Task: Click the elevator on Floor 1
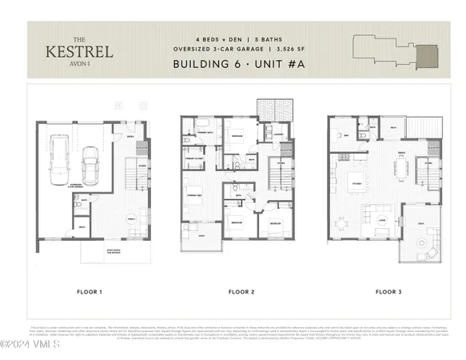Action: tap(142, 149)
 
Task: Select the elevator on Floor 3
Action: tap(432, 149)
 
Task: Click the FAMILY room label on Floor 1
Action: tap(131, 218)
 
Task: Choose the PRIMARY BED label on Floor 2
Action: tap(195, 195)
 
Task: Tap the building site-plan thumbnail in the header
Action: tap(396, 50)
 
